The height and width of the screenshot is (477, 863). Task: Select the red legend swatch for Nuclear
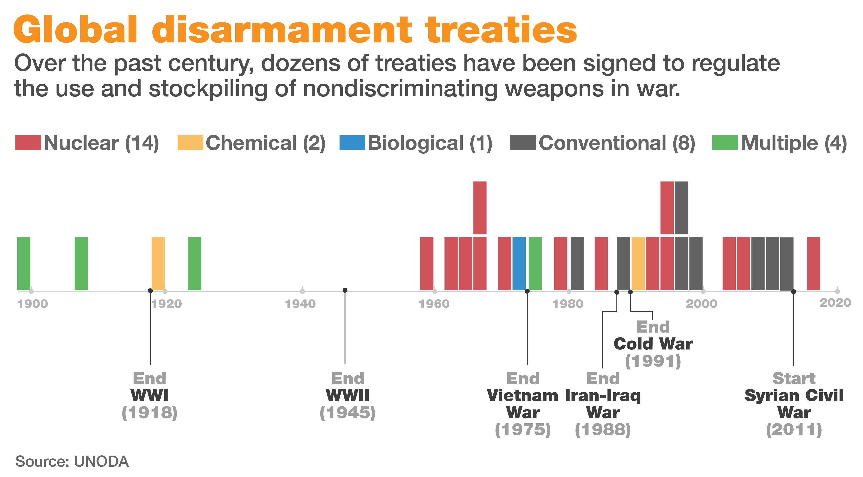[x=28, y=143]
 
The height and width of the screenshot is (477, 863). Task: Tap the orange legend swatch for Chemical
[x=190, y=143]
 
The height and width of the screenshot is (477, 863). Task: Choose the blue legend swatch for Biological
[x=352, y=143]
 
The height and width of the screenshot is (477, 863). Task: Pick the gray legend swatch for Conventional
[x=523, y=143]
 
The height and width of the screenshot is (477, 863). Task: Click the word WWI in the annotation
[x=149, y=396]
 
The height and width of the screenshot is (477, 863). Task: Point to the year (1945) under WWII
[x=347, y=413]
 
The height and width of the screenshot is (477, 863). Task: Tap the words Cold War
[x=653, y=344]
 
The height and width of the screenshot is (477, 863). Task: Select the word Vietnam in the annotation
[x=522, y=396]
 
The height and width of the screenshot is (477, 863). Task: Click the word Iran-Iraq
[x=603, y=396]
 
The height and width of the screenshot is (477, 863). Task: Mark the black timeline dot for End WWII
[x=345, y=290]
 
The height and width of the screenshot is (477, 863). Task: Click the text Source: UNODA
[x=72, y=461]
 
